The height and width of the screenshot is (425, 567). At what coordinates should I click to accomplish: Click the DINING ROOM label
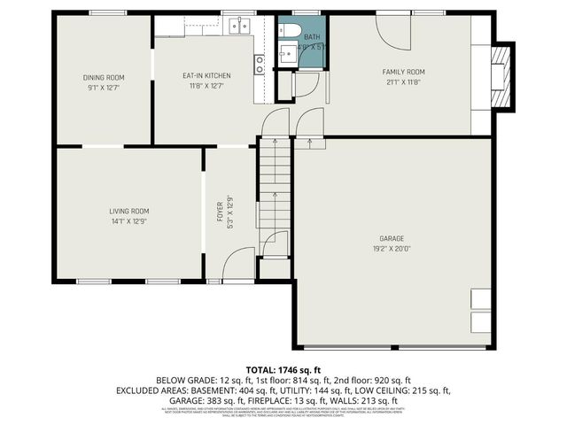click(x=103, y=77)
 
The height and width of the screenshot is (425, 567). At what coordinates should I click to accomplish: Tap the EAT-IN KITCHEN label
click(x=207, y=76)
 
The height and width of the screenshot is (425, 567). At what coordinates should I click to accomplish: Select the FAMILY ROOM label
click(x=403, y=72)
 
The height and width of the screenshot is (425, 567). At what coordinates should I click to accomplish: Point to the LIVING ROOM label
click(x=129, y=211)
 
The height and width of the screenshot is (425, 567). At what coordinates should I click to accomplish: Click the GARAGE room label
click(x=392, y=239)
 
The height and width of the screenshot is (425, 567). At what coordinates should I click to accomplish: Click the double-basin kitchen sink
click(x=238, y=27)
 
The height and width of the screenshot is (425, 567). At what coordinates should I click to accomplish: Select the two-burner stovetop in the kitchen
click(x=260, y=64)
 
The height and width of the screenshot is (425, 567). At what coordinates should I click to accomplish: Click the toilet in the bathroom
click(x=290, y=31)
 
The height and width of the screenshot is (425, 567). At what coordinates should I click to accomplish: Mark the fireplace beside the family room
click(x=501, y=78)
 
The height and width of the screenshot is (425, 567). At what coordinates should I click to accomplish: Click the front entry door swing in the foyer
click(x=237, y=264)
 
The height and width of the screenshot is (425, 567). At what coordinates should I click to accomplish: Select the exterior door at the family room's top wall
click(x=393, y=31)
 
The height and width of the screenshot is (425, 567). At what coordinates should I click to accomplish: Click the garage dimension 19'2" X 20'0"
click(x=392, y=250)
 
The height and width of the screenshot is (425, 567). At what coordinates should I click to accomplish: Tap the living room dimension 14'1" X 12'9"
click(x=129, y=221)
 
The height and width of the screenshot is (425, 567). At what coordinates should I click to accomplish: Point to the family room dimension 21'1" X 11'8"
click(x=403, y=82)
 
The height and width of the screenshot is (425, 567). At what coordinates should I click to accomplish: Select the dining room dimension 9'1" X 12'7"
click(x=103, y=88)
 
